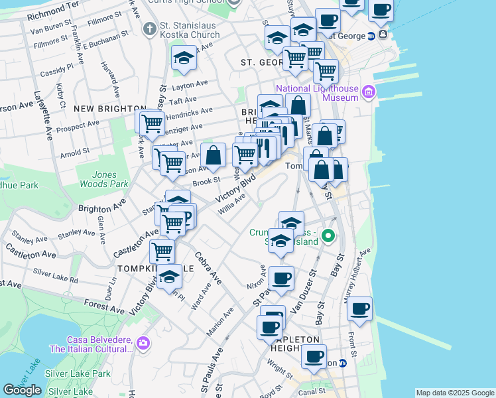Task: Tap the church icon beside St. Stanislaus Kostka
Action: point(149,29)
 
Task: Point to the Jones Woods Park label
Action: point(102,179)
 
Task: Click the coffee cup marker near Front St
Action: point(359,308)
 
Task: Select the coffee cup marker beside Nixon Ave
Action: point(282,278)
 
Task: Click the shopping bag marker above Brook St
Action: point(213,157)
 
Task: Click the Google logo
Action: point(23,390)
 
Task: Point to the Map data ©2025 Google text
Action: point(455,393)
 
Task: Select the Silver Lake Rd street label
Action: point(55,276)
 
